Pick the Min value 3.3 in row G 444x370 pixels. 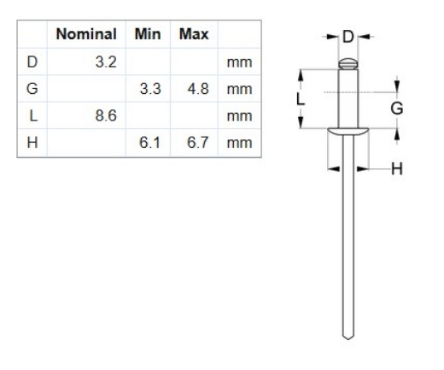(149, 90)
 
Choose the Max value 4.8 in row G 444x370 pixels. (197, 90)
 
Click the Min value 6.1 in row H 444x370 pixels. (149, 143)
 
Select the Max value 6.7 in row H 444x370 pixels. (197, 143)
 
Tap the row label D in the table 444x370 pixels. (32, 63)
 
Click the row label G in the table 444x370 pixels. (32, 90)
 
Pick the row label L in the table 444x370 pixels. (32, 116)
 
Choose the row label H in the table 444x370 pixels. (32, 143)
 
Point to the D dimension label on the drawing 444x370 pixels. (348, 37)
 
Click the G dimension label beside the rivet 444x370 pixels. (395, 109)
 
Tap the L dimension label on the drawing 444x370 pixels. (300, 98)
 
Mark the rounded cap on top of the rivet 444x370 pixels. (347, 62)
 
